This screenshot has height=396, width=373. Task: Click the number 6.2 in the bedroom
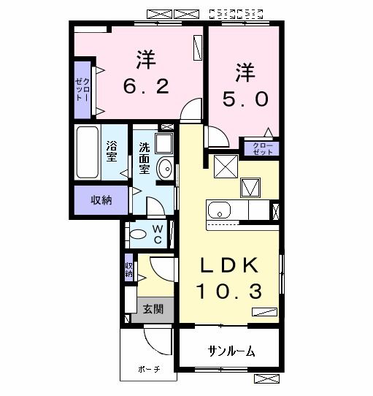point(145,87)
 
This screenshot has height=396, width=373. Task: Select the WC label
point(157,233)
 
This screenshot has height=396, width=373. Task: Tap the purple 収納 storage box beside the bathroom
point(101,200)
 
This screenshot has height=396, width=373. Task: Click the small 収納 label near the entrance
point(128,271)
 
